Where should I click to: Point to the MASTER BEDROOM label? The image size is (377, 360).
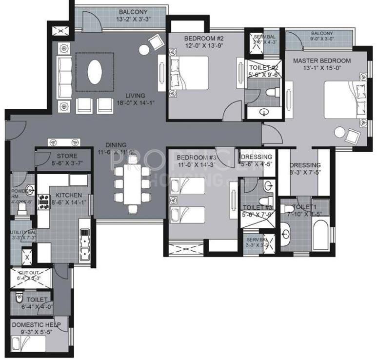tap(322, 60)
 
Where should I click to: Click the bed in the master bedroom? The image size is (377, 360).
tap(345, 99)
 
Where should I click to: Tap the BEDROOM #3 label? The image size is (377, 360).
tap(196, 158)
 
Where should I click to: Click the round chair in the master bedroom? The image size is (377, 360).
tap(339, 133)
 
